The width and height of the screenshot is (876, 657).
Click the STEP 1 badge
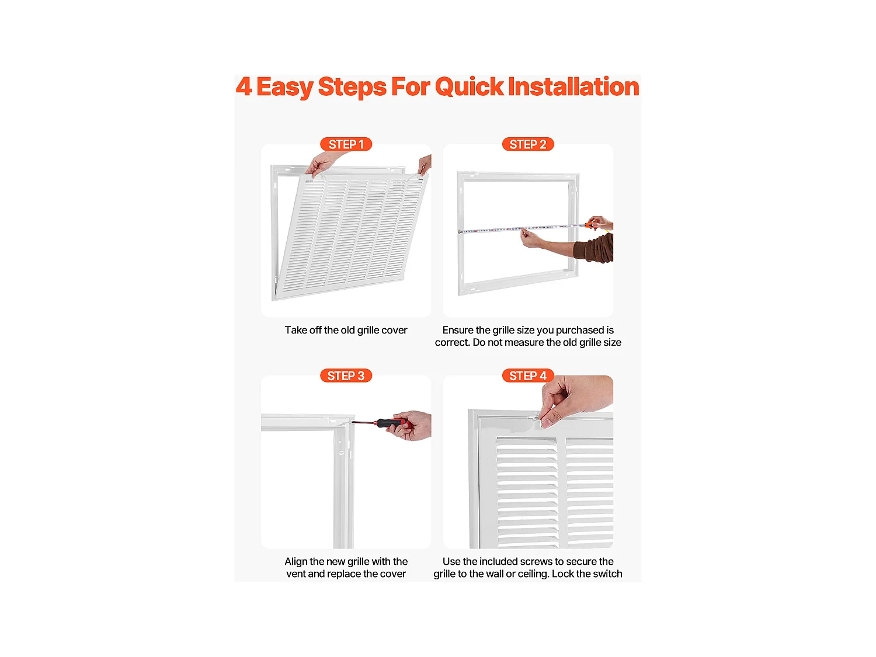coord(346,144)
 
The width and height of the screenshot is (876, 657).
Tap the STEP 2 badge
coord(528,144)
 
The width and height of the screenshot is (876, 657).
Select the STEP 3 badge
coord(346,376)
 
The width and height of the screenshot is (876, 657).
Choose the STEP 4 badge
coord(528,376)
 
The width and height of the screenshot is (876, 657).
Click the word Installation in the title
coord(573,86)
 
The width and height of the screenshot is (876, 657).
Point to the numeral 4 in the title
coord(244,86)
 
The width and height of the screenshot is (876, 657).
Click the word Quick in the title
coord(469,86)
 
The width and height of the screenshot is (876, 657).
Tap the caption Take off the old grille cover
coord(346,330)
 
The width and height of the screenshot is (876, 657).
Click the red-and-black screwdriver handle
coord(390,422)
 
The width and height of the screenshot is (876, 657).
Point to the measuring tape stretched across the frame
coord(514,228)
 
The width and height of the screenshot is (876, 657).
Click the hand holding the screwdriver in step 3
coord(413,425)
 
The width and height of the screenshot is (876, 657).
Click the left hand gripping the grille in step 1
coord(320,163)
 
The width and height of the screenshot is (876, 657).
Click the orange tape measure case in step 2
coord(591,224)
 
